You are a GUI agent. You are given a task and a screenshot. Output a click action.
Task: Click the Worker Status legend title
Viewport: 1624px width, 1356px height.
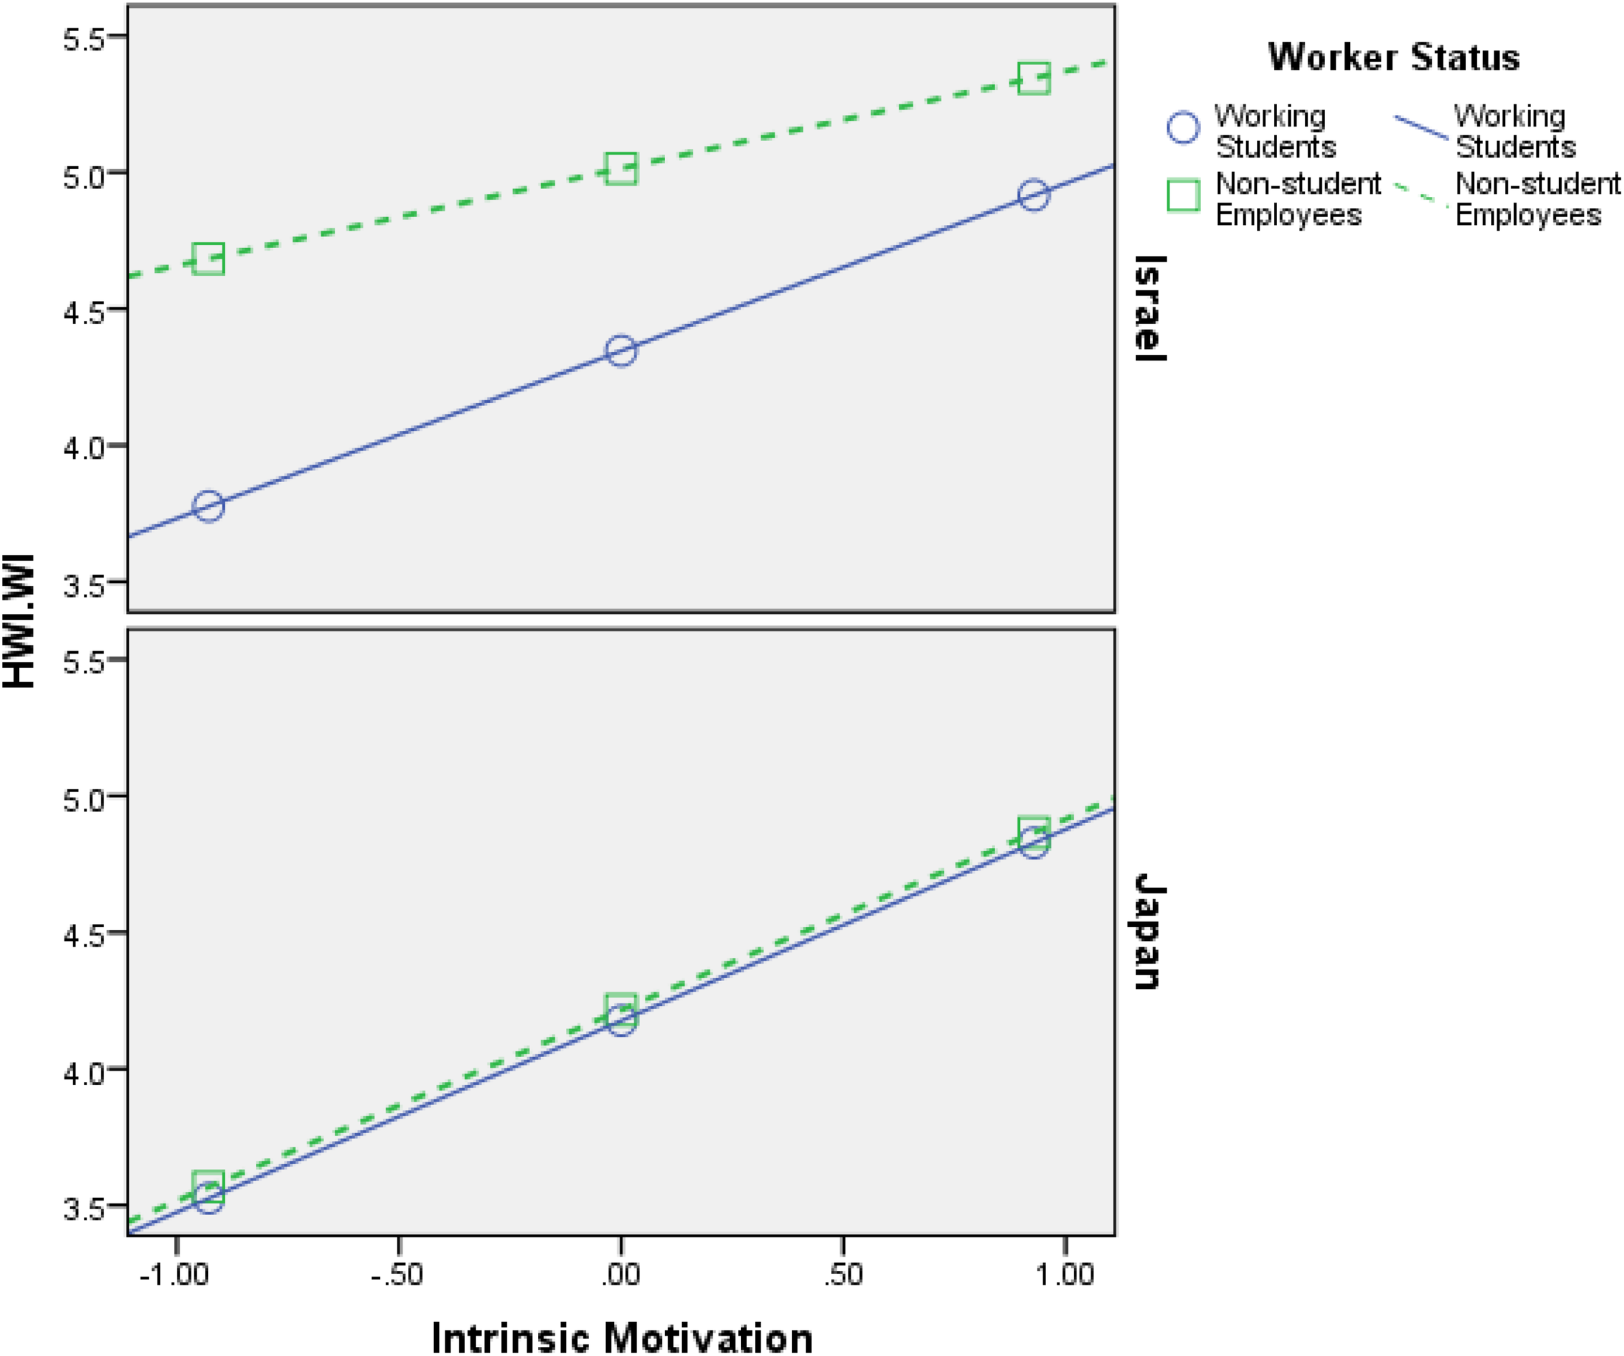1393,57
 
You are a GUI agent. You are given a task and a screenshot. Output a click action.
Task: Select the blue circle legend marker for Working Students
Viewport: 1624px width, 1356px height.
1183,127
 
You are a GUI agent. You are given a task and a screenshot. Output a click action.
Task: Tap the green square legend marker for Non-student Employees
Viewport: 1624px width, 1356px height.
1183,196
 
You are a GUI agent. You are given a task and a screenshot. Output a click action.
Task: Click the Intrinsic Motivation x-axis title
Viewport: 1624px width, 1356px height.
622,1337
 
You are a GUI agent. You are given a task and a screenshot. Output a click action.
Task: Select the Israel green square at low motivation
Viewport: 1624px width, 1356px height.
208,259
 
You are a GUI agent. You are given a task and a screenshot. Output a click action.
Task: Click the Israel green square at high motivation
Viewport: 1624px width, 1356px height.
1034,79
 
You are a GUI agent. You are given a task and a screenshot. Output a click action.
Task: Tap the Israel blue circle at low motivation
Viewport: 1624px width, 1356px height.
208,507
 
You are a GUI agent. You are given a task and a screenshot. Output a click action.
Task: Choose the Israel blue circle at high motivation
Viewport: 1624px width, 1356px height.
1034,195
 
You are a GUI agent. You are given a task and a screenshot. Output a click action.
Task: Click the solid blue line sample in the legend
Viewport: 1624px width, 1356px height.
1421,127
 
